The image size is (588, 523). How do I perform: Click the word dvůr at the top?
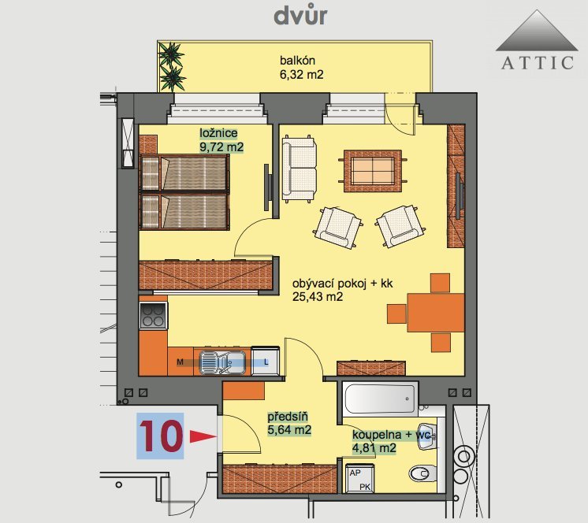pyautogui.click(x=301, y=16)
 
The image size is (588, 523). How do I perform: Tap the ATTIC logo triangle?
pyautogui.click(x=537, y=31)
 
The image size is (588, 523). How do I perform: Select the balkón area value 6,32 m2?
pyautogui.click(x=302, y=75)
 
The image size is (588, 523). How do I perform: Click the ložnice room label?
pyautogui.click(x=218, y=133)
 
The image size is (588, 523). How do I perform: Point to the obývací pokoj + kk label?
pyautogui.click(x=342, y=284)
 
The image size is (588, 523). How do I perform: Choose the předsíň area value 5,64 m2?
pyautogui.click(x=289, y=430)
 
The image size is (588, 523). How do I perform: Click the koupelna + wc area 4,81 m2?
pyautogui.click(x=374, y=448)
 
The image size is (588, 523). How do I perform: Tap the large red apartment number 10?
pyautogui.click(x=161, y=436)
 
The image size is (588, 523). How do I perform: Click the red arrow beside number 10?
pyautogui.click(x=203, y=436)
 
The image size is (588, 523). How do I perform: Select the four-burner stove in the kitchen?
pyautogui.click(x=154, y=315)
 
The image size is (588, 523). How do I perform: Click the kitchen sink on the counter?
pyautogui.click(x=222, y=362)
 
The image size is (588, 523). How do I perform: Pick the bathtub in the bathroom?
pyautogui.click(x=380, y=399)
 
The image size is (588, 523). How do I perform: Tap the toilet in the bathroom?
pyautogui.click(x=422, y=474)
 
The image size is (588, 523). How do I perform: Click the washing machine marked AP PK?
pyautogui.click(x=359, y=478)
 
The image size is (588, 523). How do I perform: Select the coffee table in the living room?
pyautogui.click(x=373, y=171)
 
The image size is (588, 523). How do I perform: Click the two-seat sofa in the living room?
pyautogui.click(x=299, y=169)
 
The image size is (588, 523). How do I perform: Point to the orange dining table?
pyautogui.click(x=436, y=313)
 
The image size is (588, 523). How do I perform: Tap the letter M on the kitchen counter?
pyautogui.click(x=180, y=362)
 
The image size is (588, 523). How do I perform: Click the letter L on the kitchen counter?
pyautogui.click(x=266, y=362)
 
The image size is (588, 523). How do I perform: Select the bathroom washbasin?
pyautogui.click(x=426, y=436)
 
